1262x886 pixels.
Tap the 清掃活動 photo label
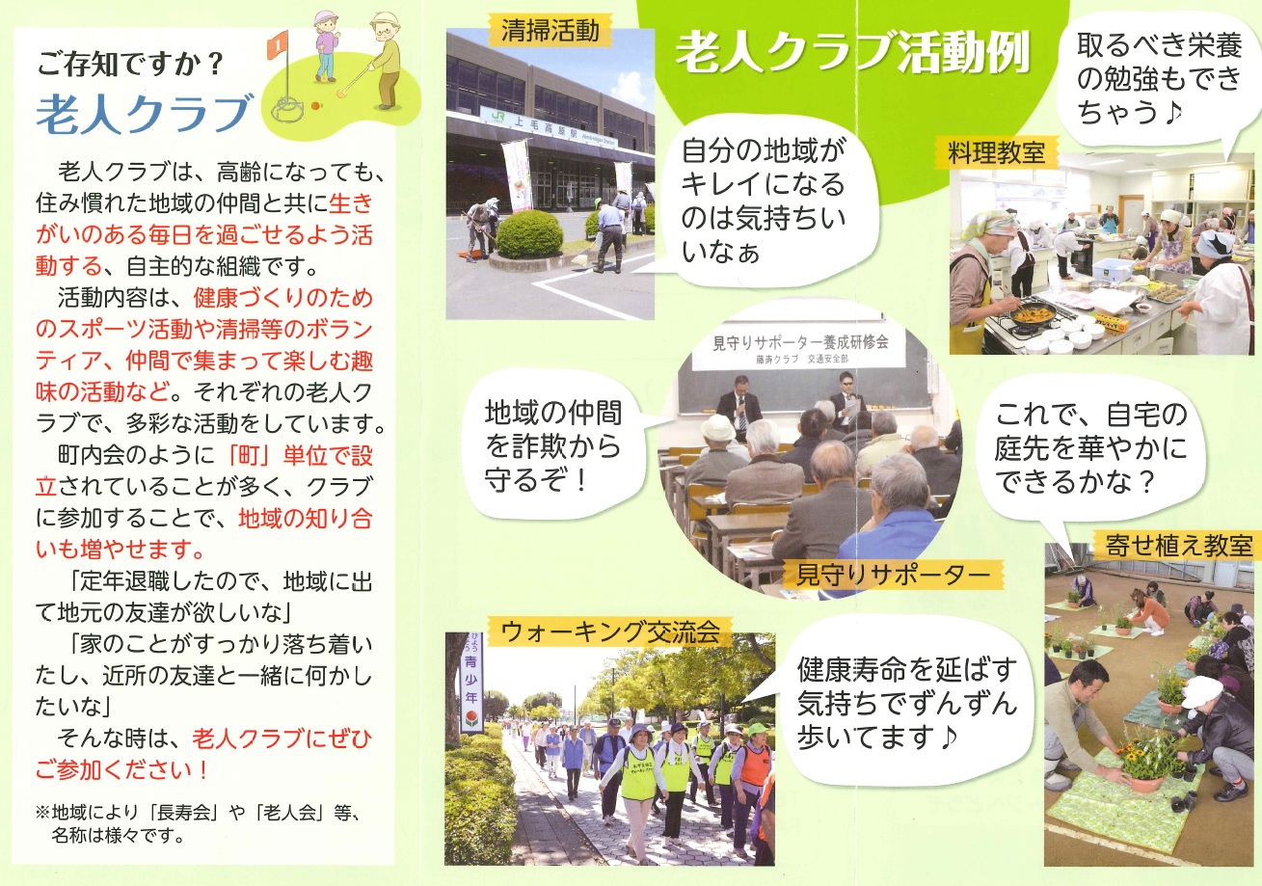pyautogui.click(x=550, y=30)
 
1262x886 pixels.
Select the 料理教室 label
pyautogui.click(x=996, y=152)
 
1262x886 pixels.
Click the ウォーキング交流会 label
pyautogui.click(x=610, y=632)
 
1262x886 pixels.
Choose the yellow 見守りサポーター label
pyautogui.click(x=893, y=576)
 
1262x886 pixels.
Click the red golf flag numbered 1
pyautogui.click(x=278, y=45)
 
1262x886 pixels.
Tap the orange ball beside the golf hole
pyautogui.click(x=315, y=105)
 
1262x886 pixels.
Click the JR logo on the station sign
pyautogui.click(x=497, y=115)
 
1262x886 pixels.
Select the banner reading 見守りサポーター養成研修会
pyautogui.click(x=800, y=346)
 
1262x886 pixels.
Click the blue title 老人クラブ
pyautogui.click(x=145, y=114)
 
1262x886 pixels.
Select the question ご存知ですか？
pyautogui.click(x=131, y=63)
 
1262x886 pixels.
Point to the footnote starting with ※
pyautogui.click(x=200, y=823)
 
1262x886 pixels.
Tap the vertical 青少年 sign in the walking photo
pyautogui.click(x=471, y=682)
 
